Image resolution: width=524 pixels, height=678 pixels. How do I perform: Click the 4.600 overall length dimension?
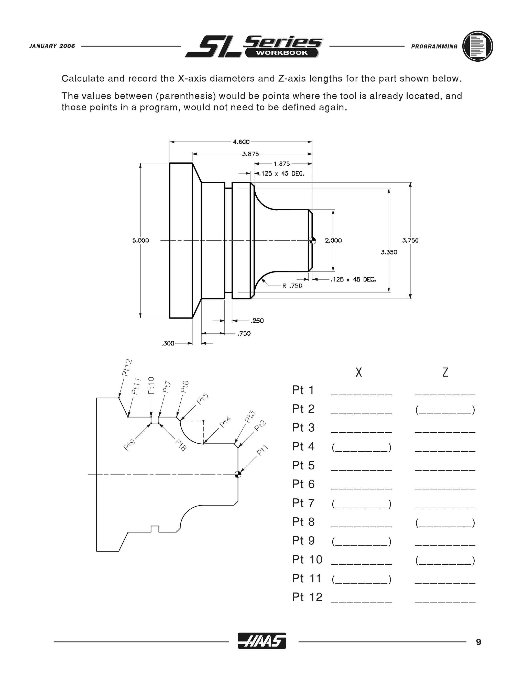click(x=241, y=142)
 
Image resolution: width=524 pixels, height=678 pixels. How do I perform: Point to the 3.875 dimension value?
click(x=250, y=154)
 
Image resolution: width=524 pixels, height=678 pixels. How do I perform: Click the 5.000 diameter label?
click(x=141, y=240)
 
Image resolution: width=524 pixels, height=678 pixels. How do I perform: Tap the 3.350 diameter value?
click(x=389, y=252)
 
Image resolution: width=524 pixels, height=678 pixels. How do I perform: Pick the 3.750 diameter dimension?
click(x=410, y=240)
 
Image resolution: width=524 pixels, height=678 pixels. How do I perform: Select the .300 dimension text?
click(x=168, y=343)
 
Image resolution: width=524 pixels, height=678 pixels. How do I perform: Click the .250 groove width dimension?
click(x=257, y=321)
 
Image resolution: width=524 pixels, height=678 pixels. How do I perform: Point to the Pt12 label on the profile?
click(x=127, y=368)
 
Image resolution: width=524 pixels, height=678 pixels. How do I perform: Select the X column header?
click(x=358, y=372)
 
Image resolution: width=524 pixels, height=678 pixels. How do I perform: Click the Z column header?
click(x=445, y=372)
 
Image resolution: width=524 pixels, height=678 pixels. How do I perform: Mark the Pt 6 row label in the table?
click(x=303, y=484)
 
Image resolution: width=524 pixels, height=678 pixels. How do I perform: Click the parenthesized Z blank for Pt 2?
click(x=445, y=410)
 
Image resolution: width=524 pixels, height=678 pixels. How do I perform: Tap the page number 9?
click(x=478, y=642)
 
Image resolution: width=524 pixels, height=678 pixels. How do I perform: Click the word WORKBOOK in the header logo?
click(x=281, y=53)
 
